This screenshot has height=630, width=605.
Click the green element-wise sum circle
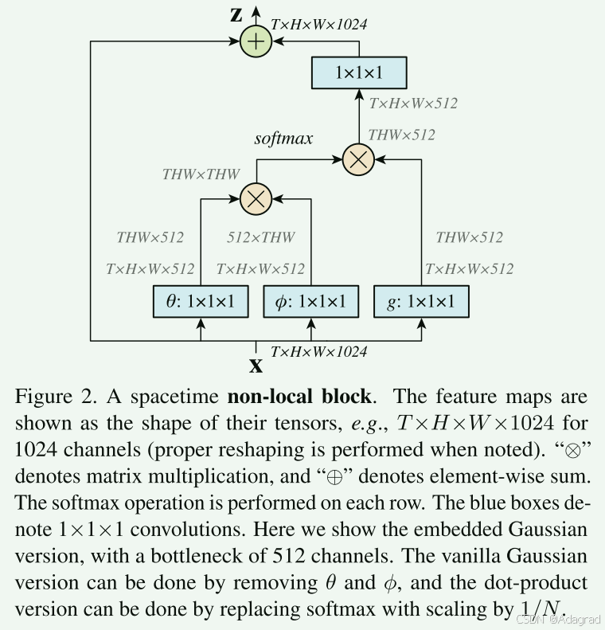[256, 41]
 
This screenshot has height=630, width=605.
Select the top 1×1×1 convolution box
[358, 72]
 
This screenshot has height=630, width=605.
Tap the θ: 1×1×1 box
[201, 301]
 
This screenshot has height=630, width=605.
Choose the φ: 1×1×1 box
[310, 301]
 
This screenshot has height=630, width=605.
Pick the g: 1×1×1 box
[421, 301]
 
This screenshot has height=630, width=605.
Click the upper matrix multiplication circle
[357, 159]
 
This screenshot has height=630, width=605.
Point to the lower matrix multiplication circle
[256, 198]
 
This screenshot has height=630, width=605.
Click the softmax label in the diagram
[283, 138]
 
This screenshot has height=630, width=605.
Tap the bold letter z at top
[236, 15]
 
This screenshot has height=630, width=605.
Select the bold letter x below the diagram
[256, 366]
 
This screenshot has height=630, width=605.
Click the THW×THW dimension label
[201, 174]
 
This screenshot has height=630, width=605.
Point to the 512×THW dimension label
[261, 237]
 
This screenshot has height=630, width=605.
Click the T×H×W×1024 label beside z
[318, 25]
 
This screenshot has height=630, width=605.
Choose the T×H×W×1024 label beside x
[318, 350]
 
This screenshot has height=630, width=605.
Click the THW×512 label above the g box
[469, 237]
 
